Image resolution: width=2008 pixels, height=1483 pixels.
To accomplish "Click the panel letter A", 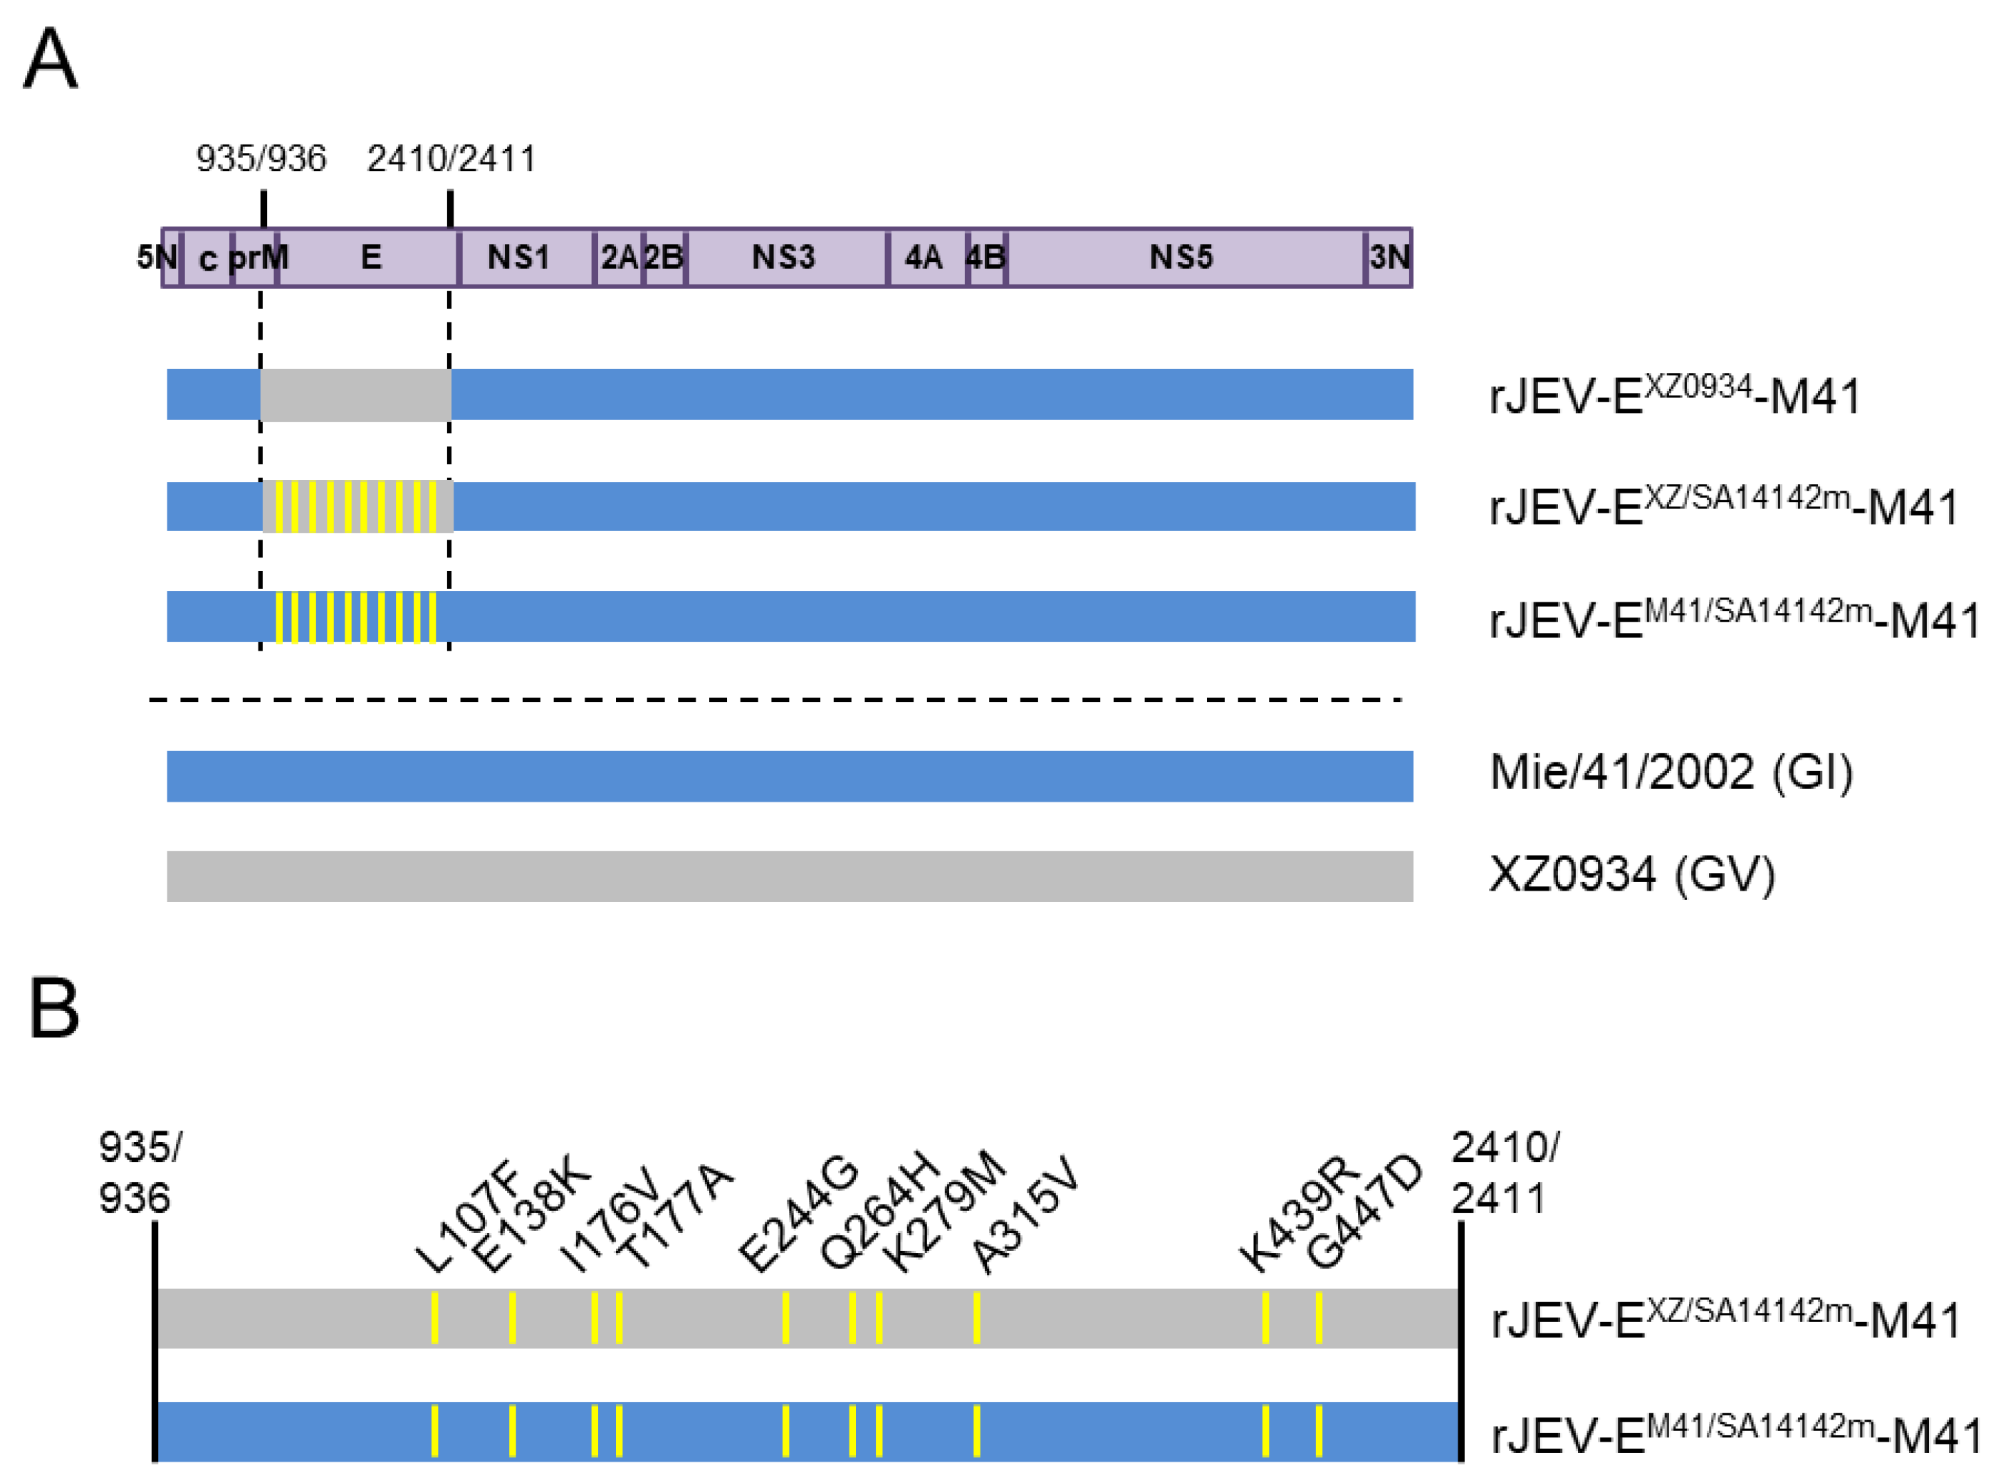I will point(51,58).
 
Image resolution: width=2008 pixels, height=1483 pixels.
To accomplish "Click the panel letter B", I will point(54,1008).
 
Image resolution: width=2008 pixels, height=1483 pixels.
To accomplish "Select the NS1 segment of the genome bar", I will point(518,258).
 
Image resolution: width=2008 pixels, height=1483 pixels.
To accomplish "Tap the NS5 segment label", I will point(1181,258).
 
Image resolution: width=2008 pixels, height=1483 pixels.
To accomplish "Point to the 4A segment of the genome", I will point(923,258).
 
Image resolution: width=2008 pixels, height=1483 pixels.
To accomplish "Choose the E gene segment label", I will point(371,258).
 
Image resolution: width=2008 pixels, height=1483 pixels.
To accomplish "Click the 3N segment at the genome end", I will point(1389,258).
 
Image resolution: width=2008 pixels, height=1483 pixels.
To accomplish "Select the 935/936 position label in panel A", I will point(261,159).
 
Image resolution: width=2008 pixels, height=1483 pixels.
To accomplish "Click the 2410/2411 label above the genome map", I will point(451,159).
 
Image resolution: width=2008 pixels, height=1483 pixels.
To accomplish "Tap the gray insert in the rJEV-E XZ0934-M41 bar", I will point(355,394).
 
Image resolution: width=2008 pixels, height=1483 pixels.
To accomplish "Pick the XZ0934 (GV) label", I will point(1631,874).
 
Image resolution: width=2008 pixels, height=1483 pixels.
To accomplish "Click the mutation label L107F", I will point(468,1217).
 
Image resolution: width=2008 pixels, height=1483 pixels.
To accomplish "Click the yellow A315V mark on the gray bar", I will point(977,1317).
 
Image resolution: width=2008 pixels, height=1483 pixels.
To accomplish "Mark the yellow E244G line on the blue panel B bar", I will point(785,1430).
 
